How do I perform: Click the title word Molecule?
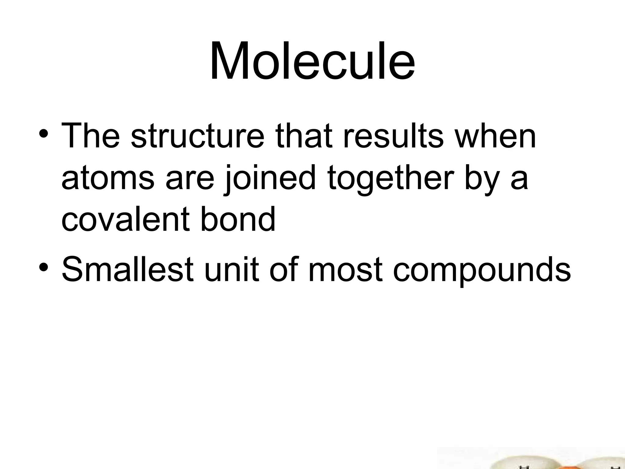pos(312,61)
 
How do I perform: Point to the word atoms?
pos(108,178)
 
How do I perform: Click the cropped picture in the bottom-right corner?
pos(531,458)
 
